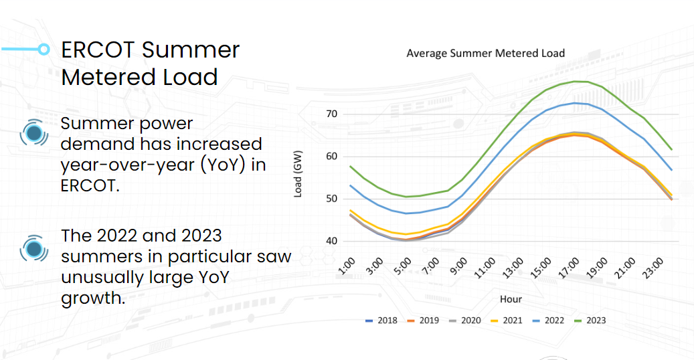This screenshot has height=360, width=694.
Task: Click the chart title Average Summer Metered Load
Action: point(485,54)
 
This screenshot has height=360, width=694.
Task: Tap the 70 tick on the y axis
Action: point(331,114)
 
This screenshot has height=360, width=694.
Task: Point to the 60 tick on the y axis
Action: point(331,157)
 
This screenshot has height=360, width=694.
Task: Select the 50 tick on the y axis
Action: point(331,199)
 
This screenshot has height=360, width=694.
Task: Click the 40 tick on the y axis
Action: point(331,241)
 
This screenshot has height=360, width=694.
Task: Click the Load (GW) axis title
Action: point(299,177)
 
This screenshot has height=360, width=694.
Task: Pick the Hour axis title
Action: point(511,298)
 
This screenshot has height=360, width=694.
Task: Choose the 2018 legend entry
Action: point(381,321)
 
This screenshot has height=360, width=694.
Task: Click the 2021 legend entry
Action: point(506,321)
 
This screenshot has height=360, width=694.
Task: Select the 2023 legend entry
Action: point(590,321)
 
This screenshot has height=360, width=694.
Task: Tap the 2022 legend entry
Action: point(548,321)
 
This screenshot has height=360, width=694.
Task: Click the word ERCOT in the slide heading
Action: point(98,50)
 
